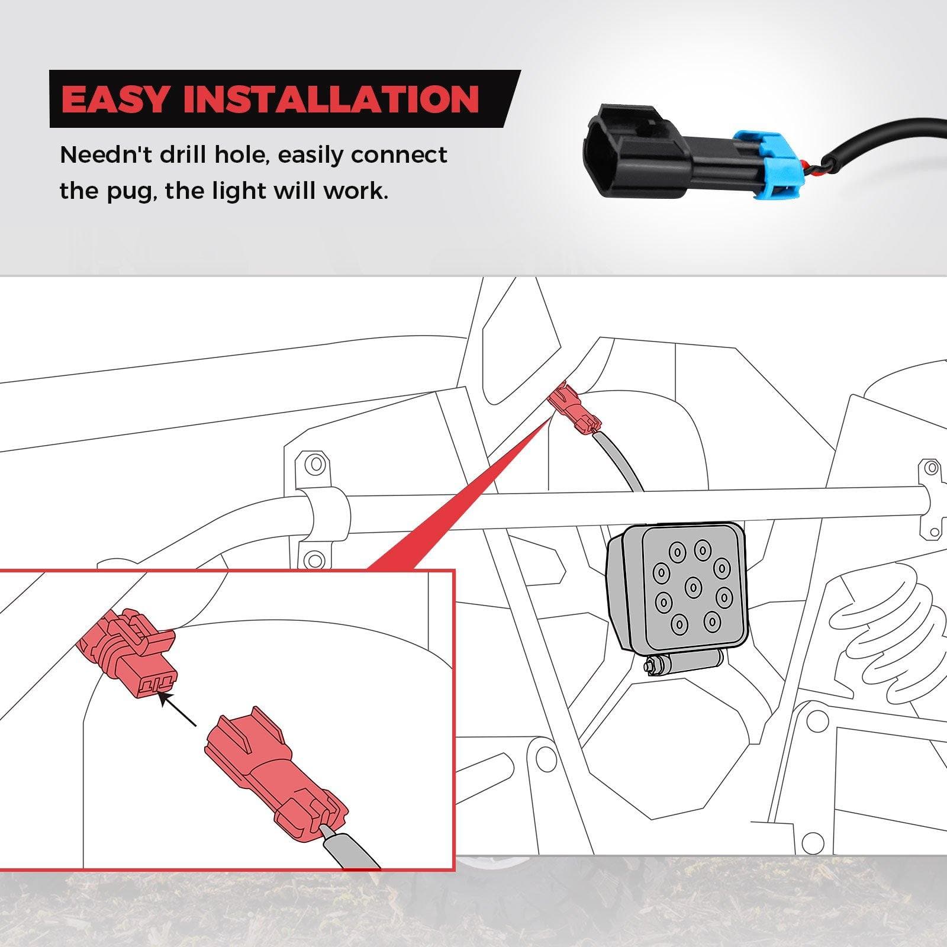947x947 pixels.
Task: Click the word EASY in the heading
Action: [115, 99]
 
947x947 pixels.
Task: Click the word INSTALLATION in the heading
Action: [331, 99]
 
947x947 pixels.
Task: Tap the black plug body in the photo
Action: [657, 150]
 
